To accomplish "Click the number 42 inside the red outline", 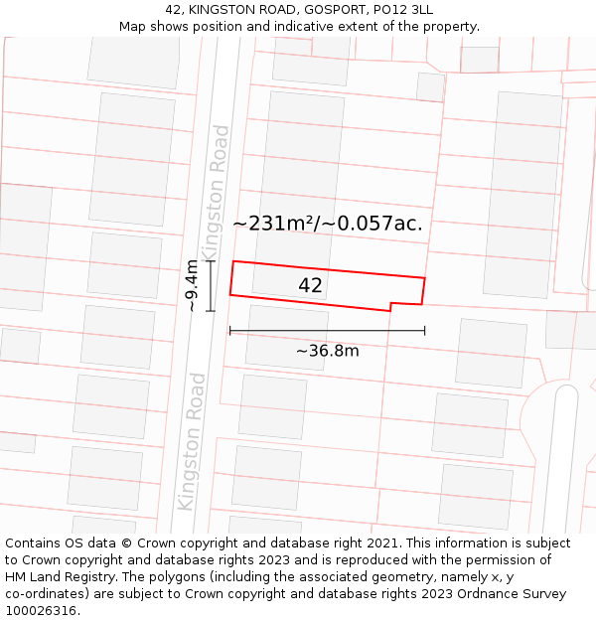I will coord(310,286).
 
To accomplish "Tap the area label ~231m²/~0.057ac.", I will coord(328,224).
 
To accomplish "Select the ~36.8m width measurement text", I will coord(327,350).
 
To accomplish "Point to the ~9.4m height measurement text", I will coord(193,286).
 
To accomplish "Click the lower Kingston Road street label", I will coord(192,441).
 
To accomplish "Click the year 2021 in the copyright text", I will coord(380,543).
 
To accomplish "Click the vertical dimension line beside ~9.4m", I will coord(211,286).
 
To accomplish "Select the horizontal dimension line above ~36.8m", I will coord(327,331).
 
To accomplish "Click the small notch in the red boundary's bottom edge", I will coord(390,306).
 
